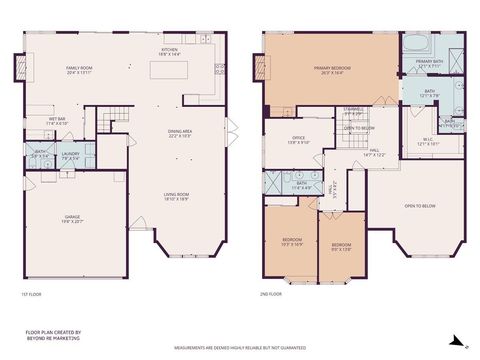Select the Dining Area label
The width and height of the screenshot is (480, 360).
pyautogui.click(x=181, y=133)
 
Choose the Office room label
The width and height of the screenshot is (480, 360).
pyautogui.click(x=298, y=140)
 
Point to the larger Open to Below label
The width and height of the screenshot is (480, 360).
pyautogui.click(x=419, y=206)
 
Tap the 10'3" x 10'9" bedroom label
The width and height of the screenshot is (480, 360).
pyautogui.click(x=292, y=242)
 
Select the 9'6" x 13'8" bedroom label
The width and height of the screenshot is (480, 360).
pyautogui.click(x=342, y=246)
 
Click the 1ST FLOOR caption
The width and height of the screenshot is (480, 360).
pyautogui.click(x=32, y=294)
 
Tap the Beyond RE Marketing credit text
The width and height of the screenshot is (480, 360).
pyautogui.click(x=54, y=336)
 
